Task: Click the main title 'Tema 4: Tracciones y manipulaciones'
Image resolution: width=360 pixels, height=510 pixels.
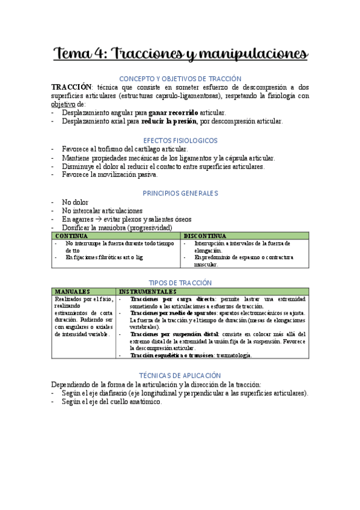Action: click(180, 54)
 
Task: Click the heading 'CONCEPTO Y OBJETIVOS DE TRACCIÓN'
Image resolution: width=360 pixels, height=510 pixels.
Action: click(180, 79)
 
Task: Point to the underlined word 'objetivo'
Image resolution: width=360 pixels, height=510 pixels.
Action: click(63, 104)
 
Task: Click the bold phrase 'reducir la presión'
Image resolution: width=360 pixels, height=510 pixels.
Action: click(169, 121)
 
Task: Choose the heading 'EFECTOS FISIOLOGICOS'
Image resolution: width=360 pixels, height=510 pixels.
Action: click(180, 140)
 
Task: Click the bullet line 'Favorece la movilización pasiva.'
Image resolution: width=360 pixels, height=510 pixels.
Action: click(109, 174)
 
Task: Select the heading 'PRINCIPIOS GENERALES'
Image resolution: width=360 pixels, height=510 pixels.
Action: click(180, 193)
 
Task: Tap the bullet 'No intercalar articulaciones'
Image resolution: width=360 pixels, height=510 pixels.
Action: click(102, 211)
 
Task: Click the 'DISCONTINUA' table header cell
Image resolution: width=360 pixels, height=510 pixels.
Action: click(205, 236)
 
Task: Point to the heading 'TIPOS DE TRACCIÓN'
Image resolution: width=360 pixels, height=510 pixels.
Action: click(180, 283)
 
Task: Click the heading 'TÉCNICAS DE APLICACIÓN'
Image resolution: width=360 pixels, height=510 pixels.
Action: click(180, 375)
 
